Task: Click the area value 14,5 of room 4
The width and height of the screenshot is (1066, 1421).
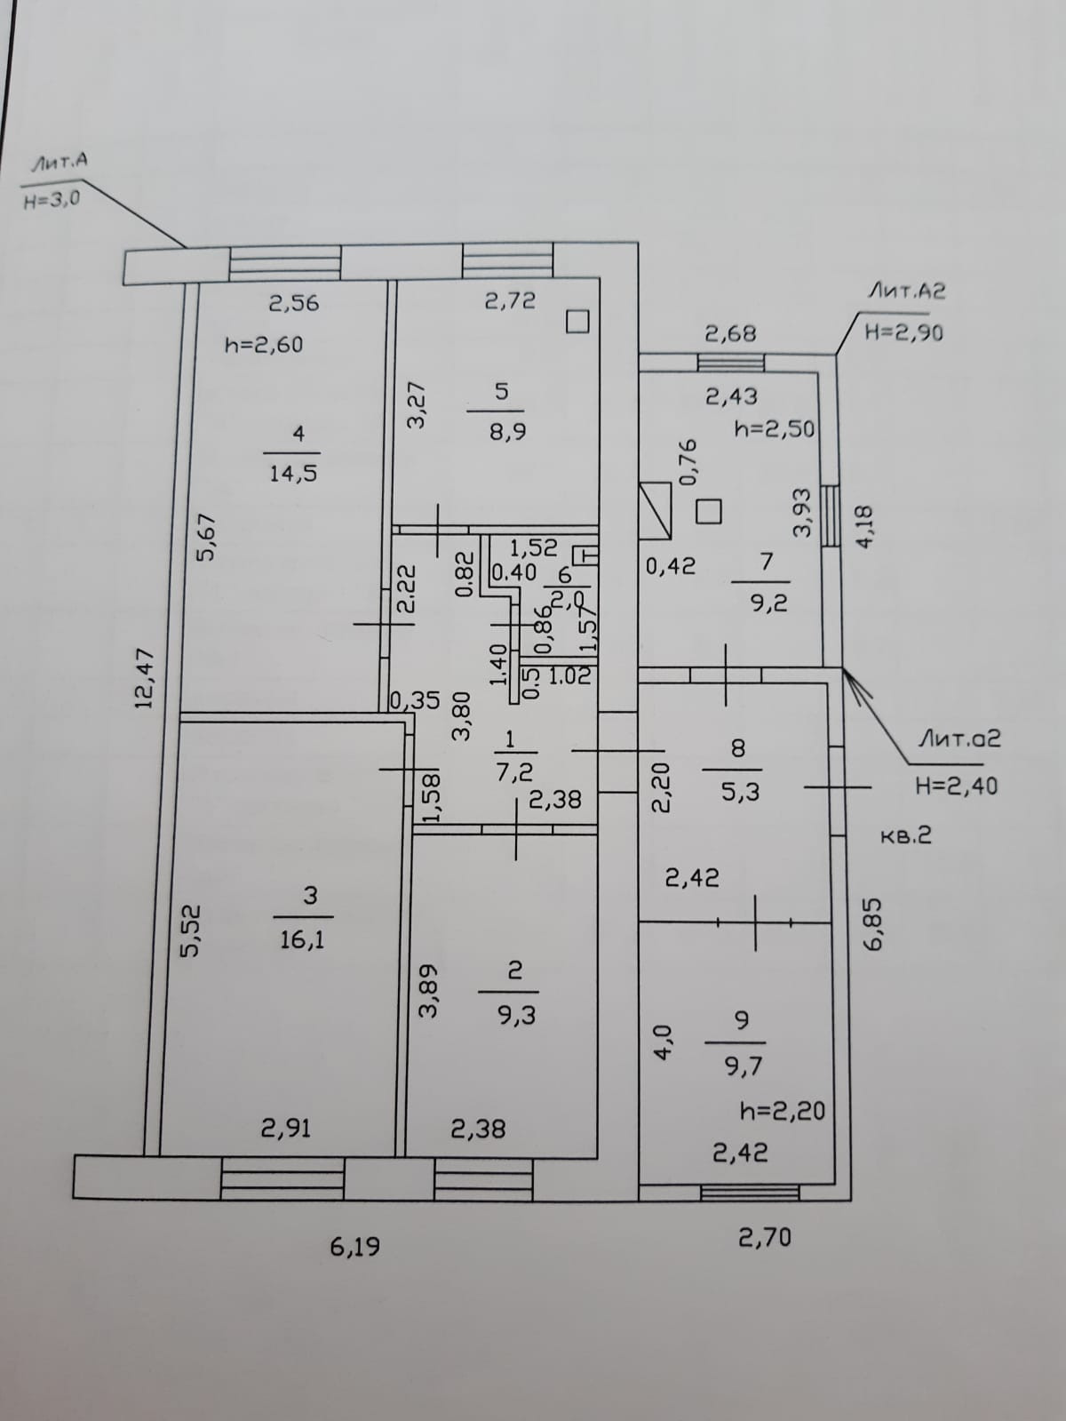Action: (293, 473)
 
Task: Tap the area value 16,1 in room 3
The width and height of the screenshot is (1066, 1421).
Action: (302, 939)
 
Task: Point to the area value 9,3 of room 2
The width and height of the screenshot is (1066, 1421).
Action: (517, 1015)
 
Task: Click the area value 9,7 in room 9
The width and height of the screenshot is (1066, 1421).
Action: (744, 1066)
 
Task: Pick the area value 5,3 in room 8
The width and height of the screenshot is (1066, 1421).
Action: (740, 791)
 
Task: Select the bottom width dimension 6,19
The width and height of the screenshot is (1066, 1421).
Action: (354, 1247)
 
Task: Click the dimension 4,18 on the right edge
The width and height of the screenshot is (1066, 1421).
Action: (866, 527)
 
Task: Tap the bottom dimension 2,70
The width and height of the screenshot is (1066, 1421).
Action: (764, 1236)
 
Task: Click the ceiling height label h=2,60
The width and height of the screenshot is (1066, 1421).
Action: (263, 345)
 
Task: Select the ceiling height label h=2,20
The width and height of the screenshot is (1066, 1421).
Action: (782, 1111)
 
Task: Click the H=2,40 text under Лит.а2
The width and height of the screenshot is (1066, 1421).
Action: (956, 786)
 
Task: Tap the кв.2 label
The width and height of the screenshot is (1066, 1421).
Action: (906, 835)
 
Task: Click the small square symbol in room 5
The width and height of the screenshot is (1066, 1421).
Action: (577, 322)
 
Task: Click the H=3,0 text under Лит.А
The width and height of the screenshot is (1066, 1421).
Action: (52, 200)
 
